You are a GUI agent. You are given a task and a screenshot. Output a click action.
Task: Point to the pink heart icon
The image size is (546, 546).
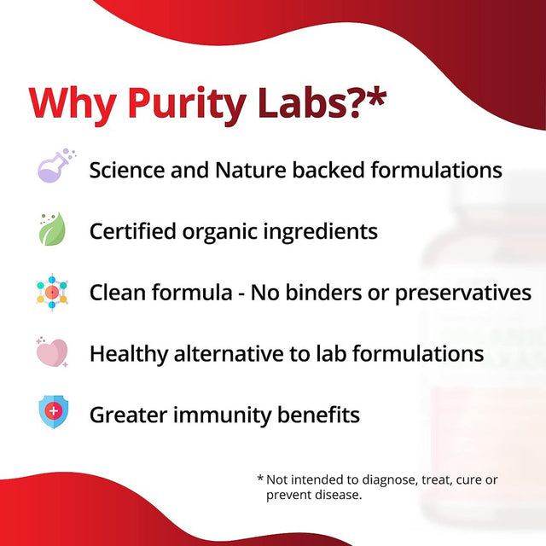pyautogui.click(x=52, y=352)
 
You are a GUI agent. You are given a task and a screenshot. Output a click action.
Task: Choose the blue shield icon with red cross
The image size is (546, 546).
pyautogui.click(x=53, y=414)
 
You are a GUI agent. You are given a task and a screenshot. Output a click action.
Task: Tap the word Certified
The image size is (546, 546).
pyautogui.click(x=133, y=231)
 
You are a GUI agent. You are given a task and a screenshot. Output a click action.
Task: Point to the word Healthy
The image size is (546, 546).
pyautogui.click(x=128, y=353)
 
